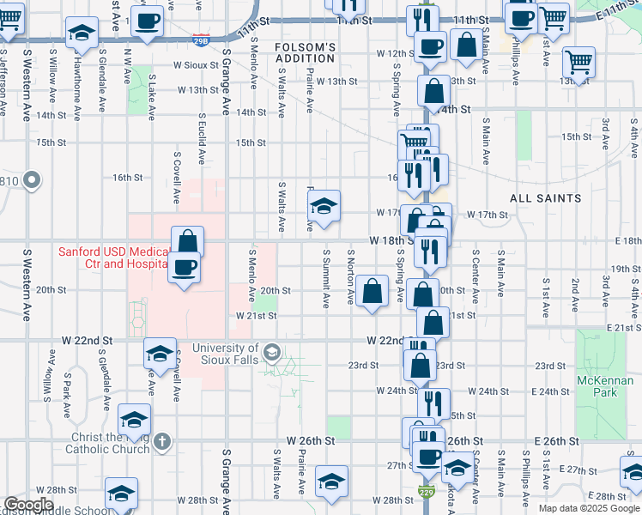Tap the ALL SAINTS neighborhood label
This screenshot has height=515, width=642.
click(545, 198)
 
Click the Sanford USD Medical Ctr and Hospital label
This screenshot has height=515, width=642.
click(112, 258)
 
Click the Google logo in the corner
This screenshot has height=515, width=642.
click(28, 505)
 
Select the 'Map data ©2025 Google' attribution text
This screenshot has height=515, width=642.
click(589, 508)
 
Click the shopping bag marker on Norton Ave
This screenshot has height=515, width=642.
click(372, 290)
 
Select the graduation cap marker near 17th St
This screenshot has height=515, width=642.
click(324, 206)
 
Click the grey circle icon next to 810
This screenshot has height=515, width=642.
click(33, 180)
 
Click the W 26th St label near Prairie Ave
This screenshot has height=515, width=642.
click(306, 440)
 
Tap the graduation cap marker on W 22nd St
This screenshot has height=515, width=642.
click(160, 354)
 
